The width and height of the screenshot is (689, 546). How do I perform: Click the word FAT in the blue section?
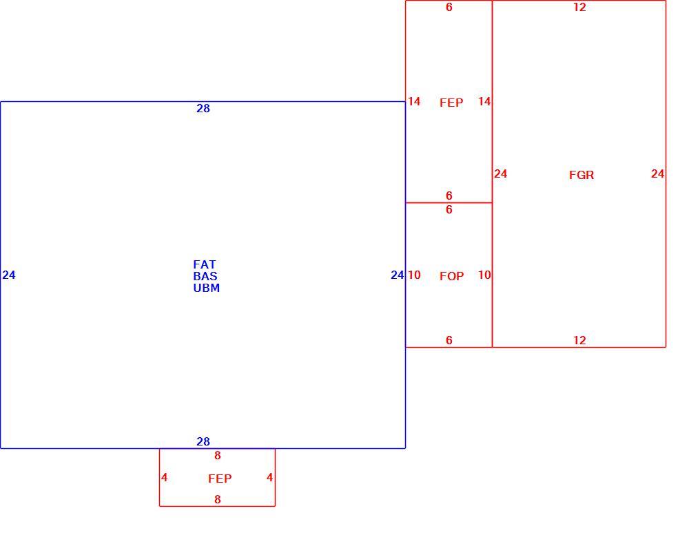(205, 264)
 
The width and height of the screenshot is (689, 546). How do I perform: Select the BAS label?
(205, 276)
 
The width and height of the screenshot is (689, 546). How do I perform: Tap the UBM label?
(207, 288)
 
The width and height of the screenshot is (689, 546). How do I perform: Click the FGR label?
(582, 175)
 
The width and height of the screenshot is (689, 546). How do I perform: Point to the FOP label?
(452, 276)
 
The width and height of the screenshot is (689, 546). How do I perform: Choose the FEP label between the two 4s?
(220, 479)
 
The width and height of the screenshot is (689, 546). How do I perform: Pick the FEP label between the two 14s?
(451, 103)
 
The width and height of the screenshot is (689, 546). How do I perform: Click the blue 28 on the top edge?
(203, 109)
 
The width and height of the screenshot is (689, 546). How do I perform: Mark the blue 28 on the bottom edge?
(203, 441)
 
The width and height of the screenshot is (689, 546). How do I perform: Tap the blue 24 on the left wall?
(9, 275)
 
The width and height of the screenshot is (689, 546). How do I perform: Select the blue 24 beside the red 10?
(398, 275)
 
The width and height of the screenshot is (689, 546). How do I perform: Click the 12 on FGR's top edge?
(579, 7)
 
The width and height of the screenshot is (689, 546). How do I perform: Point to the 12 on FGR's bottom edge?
(579, 340)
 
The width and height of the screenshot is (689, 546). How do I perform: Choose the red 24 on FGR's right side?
(657, 174)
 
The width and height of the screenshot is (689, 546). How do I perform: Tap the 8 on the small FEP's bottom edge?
(218, 499)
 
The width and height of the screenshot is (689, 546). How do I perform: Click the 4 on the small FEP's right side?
(270, 477)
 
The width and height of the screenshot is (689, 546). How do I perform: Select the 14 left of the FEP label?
(414, 101)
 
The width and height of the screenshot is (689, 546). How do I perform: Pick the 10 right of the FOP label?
(484, 275)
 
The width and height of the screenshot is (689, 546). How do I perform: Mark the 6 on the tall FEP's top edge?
(449, 7)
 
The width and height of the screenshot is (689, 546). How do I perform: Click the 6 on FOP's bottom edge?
(449, 340)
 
